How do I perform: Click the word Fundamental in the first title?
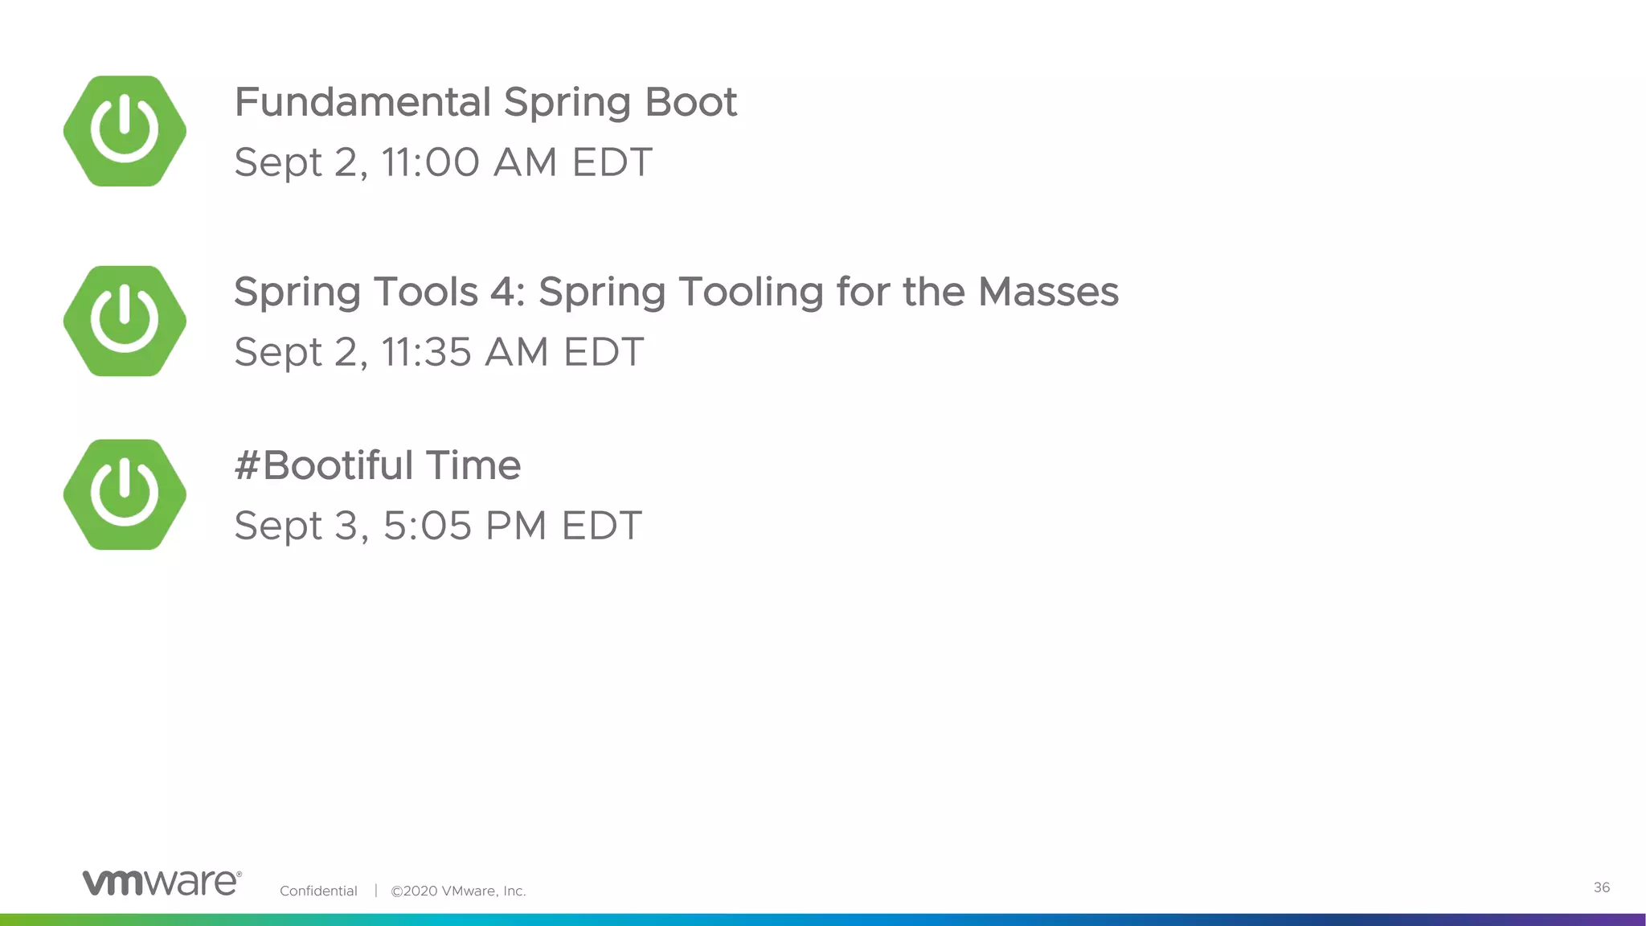click(x=362, y=103)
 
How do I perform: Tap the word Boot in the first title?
click(x=690, y=103)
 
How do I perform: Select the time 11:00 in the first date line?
click(x=430, y=162)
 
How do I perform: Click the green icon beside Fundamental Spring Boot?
click(x=125, y=131)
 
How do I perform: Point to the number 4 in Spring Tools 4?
click(x=506, y=292)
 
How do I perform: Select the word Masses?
click(x=1048, y=292)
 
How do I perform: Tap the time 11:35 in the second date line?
click(x=426, y=352)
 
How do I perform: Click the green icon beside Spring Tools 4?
click(x=125, y=321)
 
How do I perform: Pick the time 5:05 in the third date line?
click(x=427, y=526)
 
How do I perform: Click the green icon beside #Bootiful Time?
click(x=125, y=494)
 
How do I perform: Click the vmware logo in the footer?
click(x=162, y=882)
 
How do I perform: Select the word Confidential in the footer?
click(x=318, y=891)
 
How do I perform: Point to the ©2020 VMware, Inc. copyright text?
click(x=458, y=891)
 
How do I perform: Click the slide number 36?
click(x=1601, y=887)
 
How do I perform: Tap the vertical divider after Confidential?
click(x=375, y=891)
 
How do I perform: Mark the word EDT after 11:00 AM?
click(x=612, y=162)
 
